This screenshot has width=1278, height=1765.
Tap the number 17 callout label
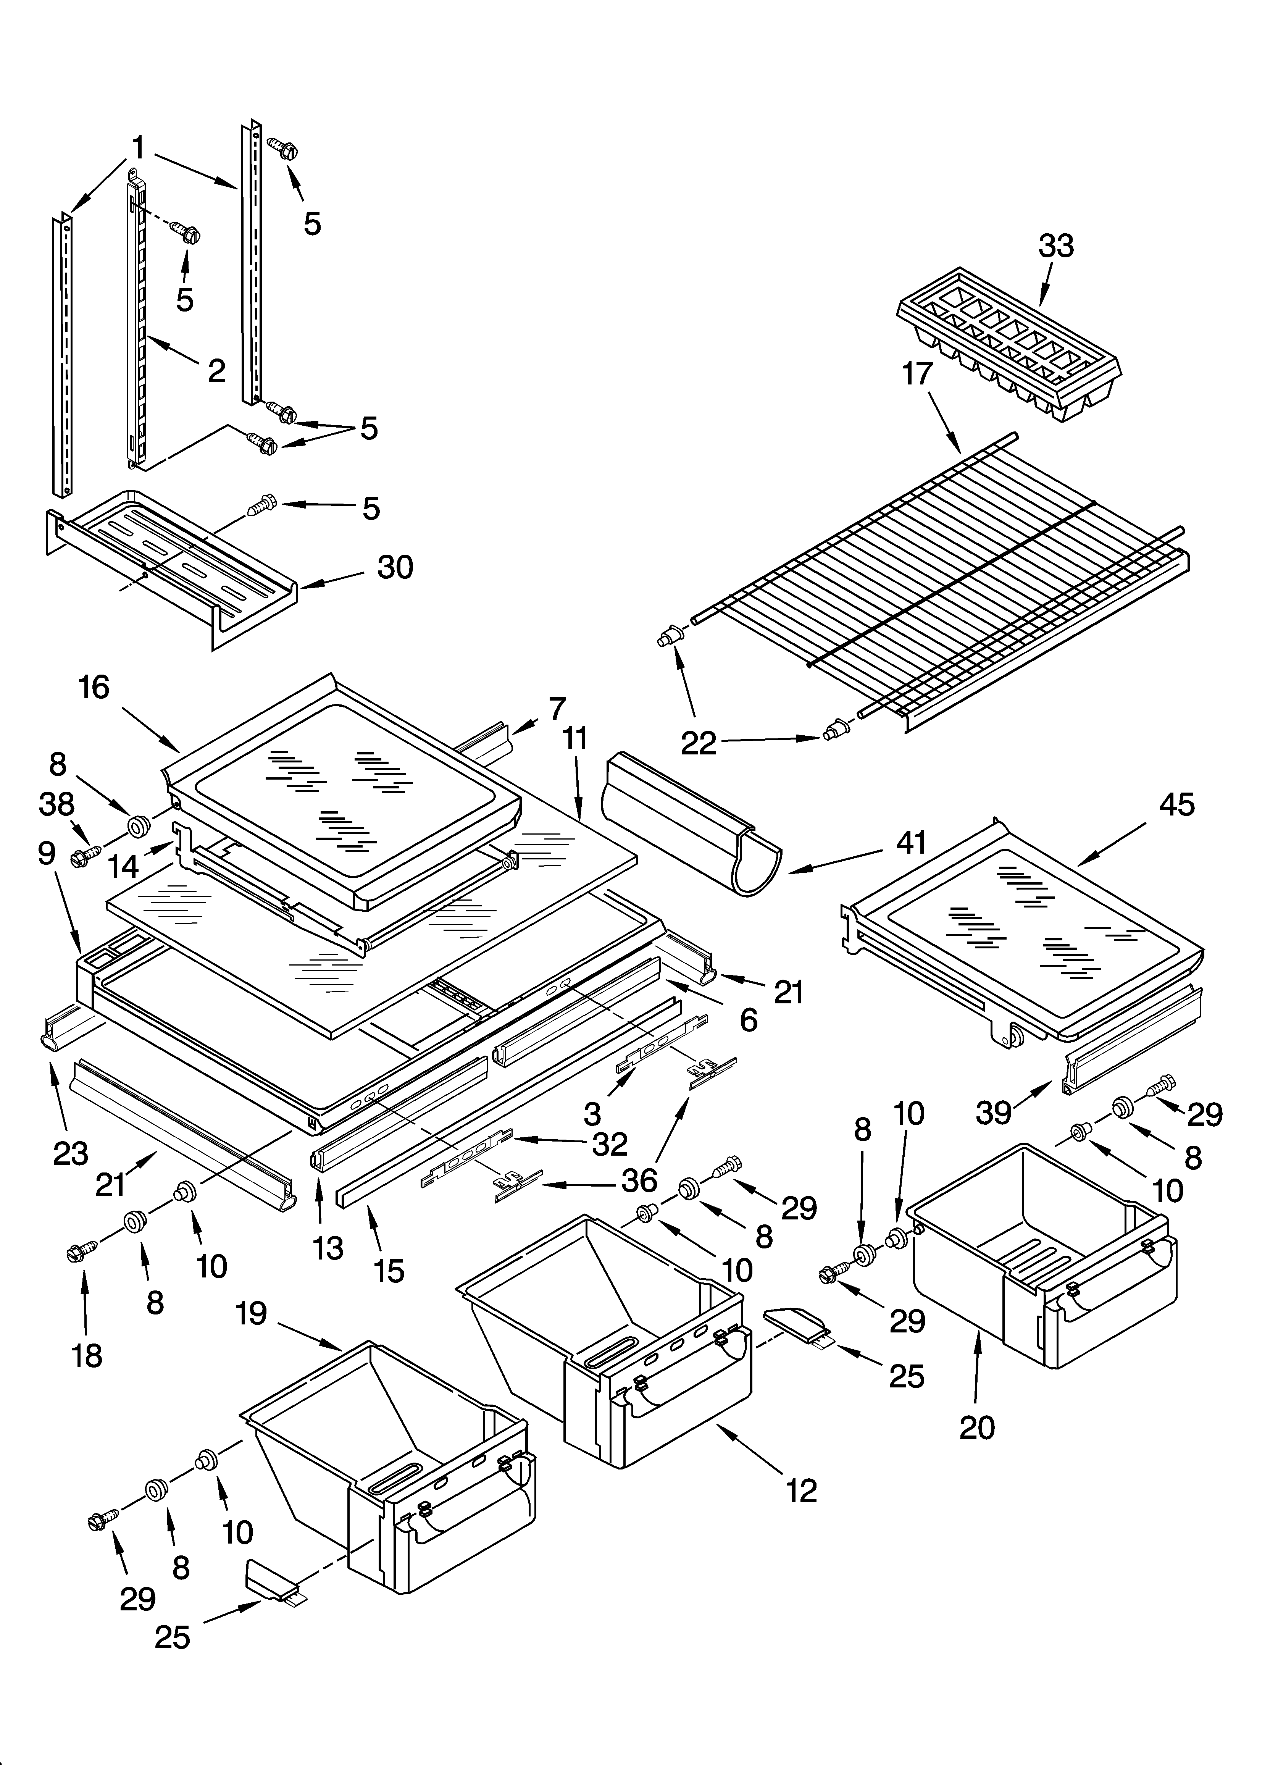[x=917, y=374]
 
